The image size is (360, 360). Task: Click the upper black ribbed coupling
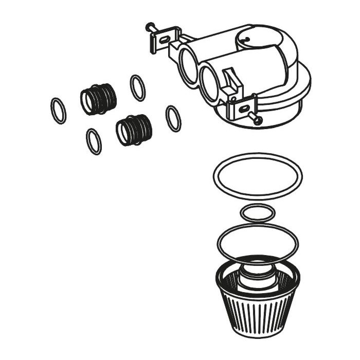coord(99,98)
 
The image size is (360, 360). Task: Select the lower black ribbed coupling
coord(134,130)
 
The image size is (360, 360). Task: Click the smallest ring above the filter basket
coord(258,212)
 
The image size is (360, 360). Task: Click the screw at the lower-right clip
coord(257,119)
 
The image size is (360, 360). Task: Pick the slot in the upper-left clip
coord(165,39)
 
